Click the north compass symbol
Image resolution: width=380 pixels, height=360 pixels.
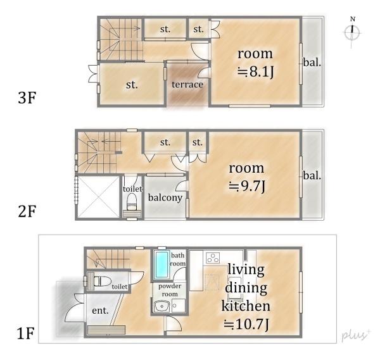click(352, 32)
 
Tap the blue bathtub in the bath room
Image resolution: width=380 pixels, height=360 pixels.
click(162, 264)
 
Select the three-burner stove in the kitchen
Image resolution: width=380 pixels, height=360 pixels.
click(213, 258)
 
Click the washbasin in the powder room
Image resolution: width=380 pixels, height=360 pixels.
click(161, 306)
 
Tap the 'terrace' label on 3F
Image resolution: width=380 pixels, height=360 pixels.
click(187, 85)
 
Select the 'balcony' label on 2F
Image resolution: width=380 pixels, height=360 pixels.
click(165, 197)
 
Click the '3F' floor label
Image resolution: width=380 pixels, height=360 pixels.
click(27, 97)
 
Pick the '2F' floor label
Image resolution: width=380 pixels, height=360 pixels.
click(27, 211)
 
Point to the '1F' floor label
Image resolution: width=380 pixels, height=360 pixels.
click(25, 333)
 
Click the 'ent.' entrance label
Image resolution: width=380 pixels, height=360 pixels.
click(100, 311)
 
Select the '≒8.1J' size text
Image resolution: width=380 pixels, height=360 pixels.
click(255, 72)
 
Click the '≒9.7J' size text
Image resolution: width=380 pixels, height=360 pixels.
click(247, 186)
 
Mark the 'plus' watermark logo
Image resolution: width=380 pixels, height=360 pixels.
click(356, 335)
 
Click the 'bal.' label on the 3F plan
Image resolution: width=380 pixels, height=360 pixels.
click(312, 63)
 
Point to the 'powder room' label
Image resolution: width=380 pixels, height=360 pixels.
click(170, 290)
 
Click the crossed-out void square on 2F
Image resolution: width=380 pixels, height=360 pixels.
click(98, 197)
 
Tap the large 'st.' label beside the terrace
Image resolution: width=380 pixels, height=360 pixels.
click(132, 85)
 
